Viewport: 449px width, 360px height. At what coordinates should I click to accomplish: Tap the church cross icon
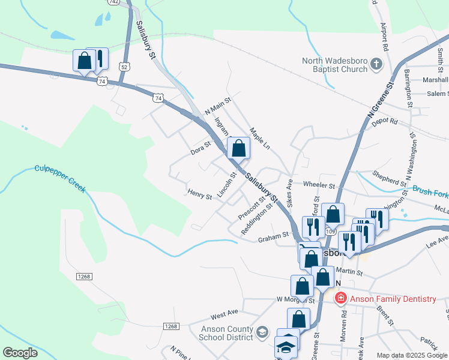(x=376, y=64)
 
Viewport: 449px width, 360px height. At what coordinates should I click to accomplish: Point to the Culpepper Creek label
(x=60, y=178)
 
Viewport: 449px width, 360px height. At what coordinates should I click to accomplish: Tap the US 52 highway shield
(x=124, y=67)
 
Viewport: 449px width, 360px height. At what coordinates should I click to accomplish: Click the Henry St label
(x=200, y=196)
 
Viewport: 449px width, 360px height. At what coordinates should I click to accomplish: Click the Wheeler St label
(x=319, y=186)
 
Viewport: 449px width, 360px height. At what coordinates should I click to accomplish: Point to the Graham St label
(x=274, y=238)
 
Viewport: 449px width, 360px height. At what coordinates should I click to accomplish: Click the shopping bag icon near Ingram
(x=239, y=148)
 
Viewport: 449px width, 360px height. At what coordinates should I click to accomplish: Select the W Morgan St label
(x=295, y=299)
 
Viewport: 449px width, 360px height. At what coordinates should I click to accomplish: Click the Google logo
(x=20, y=353)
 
